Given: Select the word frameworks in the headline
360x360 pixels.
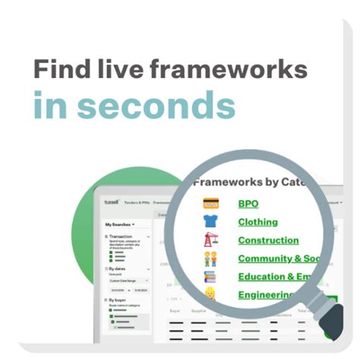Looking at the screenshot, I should pos(232,71).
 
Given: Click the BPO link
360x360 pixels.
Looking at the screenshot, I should pos(248,204).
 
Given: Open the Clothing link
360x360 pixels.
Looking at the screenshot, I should pos(257,222).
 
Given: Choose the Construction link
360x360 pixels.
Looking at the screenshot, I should pos(268,240).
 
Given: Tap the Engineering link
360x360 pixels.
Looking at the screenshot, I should pos(266,295).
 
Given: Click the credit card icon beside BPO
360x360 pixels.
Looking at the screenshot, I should pos(210,204).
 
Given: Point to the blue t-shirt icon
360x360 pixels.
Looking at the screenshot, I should pos(210,222).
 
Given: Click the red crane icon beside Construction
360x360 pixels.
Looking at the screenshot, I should pos(210,240).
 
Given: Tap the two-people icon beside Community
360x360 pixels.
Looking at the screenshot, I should pos(210,259).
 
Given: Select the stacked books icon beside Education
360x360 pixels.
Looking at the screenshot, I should pos(210,276).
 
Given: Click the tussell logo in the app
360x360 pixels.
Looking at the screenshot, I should pos(113,203).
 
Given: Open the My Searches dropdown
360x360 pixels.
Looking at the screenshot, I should pos(120,225).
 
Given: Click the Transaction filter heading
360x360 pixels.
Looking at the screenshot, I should pos(122,237).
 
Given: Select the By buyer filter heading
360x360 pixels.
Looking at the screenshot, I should pos(119,301).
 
